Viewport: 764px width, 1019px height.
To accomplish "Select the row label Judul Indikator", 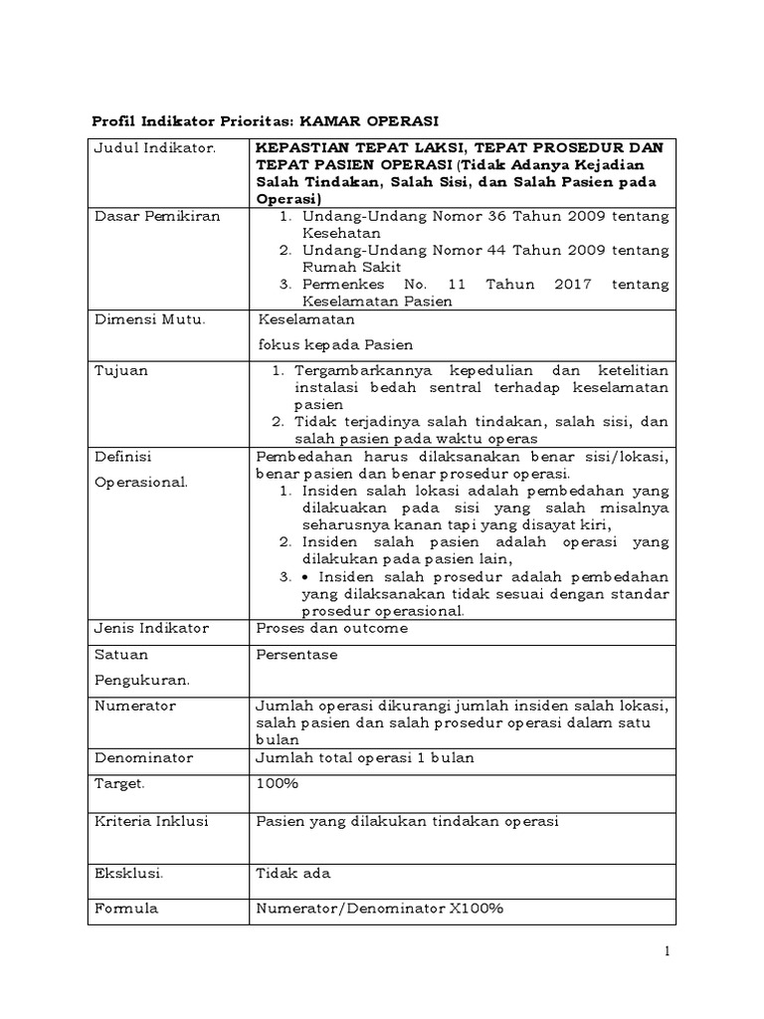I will click(143, 148).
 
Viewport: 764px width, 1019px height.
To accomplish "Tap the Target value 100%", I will click(278, 783).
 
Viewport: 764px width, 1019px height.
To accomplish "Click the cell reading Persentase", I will click(296, 655).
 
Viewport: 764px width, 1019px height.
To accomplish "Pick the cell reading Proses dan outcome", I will click(331, 629).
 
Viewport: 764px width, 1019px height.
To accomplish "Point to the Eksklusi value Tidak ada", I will click(292, 873).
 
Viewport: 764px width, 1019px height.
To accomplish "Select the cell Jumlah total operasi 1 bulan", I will click(365, 758).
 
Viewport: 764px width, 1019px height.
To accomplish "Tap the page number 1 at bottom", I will click(668, 952).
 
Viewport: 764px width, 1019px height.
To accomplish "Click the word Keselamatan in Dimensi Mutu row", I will click(304, 321).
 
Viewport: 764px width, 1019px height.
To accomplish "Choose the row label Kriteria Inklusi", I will click(151, 821).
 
